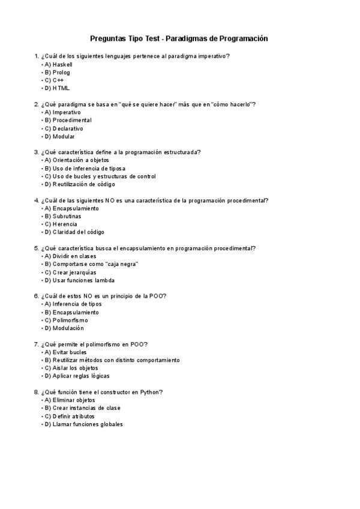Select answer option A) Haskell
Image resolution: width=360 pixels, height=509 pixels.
click(58, 64)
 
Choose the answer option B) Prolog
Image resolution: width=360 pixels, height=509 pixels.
click(56, 72)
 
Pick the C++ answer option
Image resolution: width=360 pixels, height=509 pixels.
click(53, 80)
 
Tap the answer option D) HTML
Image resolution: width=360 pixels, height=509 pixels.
click(56, 88)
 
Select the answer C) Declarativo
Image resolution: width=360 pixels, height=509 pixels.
click(63, 128)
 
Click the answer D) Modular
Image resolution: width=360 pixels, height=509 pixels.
click(59, 136)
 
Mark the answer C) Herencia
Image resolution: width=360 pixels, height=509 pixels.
click(60, 224)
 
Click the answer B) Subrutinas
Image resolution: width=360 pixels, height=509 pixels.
click(62, 216)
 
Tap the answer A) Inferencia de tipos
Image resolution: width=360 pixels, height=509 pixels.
click(72, 304)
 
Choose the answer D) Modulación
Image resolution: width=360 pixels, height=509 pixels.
click(63, 328)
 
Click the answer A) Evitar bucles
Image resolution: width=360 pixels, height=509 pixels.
click(65, 352)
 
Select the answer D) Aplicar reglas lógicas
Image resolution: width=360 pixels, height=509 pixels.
click(76, 376)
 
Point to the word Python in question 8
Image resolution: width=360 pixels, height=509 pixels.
click(150, 393)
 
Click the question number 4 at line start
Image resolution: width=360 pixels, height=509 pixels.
click(37, 200)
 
